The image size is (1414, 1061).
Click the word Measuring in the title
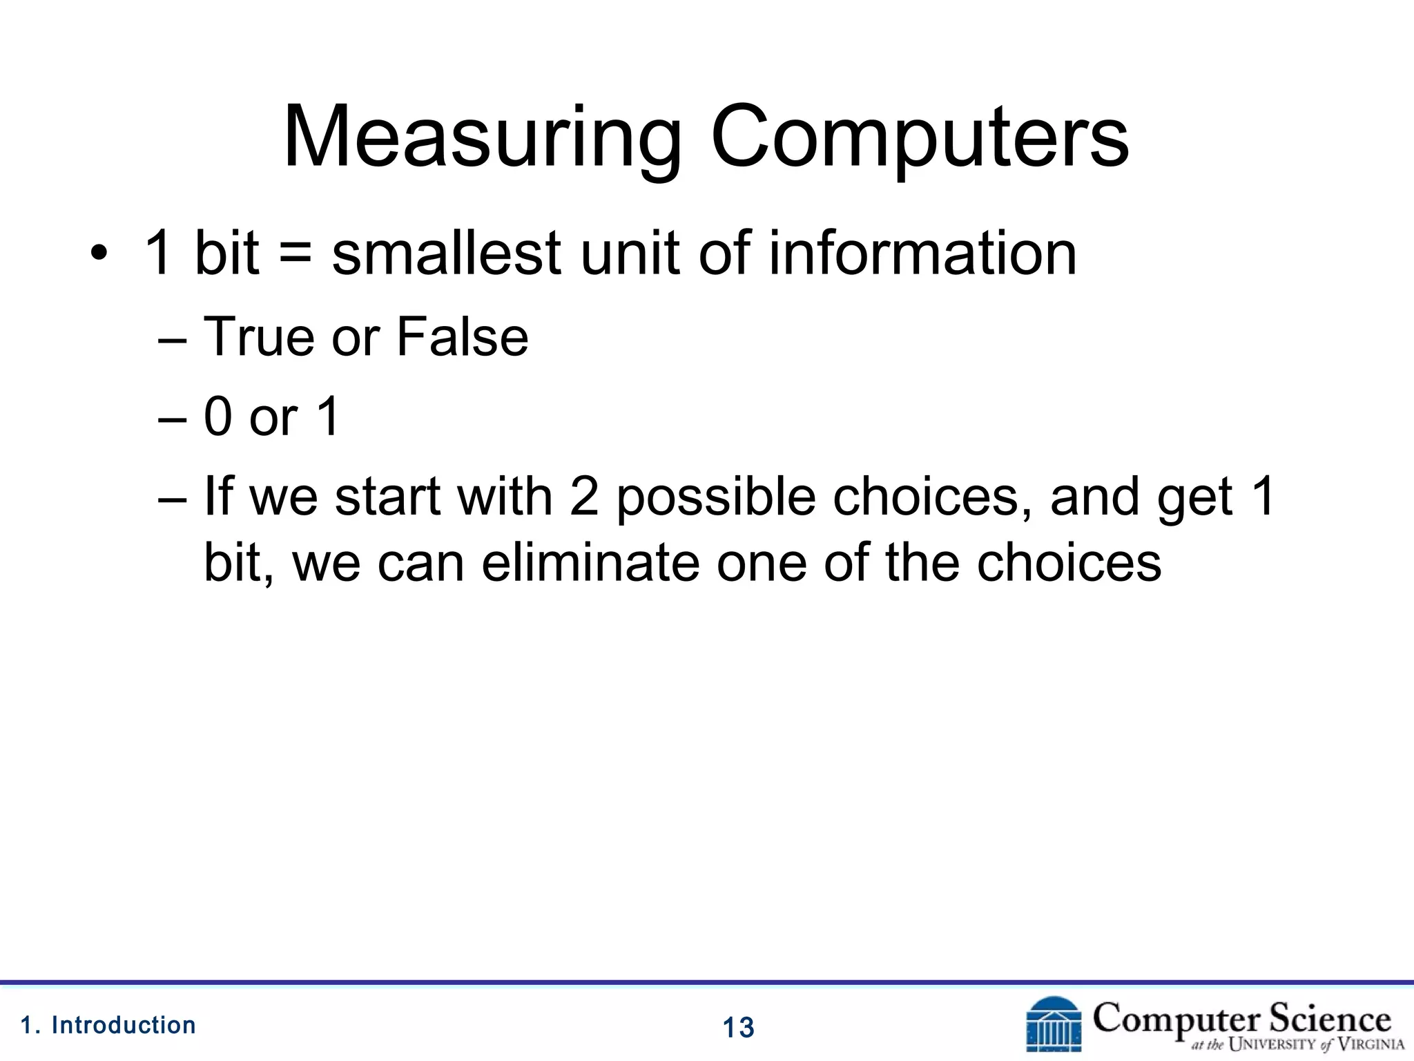click(x=482, y=138)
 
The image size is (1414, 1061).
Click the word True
click(x=259, y=337)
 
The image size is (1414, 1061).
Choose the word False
click(x=462, y=337)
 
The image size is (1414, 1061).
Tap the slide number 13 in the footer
click(x=738, y=1028)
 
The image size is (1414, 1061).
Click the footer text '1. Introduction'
click(x=108, y=1025)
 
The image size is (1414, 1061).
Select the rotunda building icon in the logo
click(x=1054, y=1024)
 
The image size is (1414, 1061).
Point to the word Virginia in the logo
click(x=1371, y=1044)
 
